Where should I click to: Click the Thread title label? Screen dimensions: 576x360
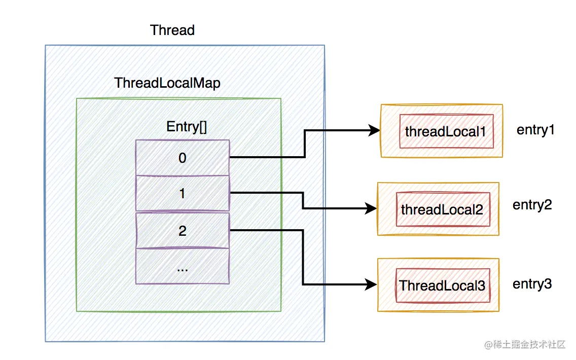[x=172, y=30]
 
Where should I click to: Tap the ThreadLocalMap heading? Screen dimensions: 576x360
[x=167, y=83]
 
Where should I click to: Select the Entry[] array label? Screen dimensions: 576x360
[x=187, y=127]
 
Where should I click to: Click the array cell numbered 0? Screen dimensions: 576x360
[x=183, y=158]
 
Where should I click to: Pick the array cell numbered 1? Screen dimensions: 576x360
[x=183, y=193]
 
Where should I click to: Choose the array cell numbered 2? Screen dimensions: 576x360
[x=183, y=230]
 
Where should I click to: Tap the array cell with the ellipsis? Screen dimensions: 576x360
[x=183, y=266]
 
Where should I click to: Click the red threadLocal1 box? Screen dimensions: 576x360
[x=446, y=131]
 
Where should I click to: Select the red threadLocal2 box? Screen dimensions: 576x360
[x=443, y=209]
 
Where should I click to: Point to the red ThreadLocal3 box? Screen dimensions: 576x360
[x=443, y=285]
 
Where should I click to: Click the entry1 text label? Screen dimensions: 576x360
[x=535, y=130]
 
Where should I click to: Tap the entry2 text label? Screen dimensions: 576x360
[x=532, y=205]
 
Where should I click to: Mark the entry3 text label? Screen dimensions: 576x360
[x=532, y=284]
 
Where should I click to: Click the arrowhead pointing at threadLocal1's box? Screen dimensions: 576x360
[x=374, y=130]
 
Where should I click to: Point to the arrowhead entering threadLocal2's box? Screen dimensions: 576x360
[x=371, y=209]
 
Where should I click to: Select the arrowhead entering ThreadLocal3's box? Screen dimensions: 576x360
[x=371, y=284]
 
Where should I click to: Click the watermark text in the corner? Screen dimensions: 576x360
[x=525, y=344]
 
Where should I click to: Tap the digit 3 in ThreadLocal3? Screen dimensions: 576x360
[x=481, y=286]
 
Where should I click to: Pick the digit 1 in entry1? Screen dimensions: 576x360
[x=551, y=130]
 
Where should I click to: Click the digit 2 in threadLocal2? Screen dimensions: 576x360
[x=479, y=210]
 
